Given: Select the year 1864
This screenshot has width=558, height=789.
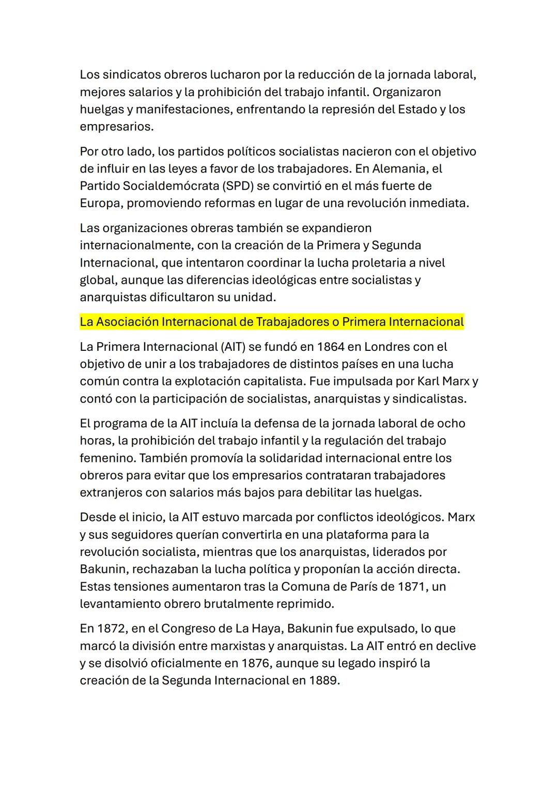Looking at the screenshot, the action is coord(331,347).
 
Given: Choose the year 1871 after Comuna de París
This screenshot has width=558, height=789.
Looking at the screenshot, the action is coord(413,586).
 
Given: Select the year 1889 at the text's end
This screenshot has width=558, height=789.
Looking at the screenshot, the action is coord(324,680).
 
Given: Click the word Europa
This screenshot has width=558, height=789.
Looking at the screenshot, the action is coord(100,203).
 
